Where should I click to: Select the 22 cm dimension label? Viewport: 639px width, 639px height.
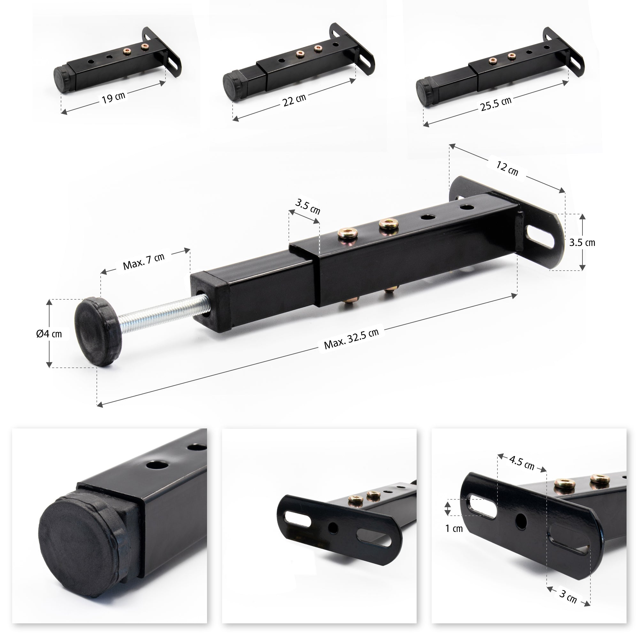point(294,100)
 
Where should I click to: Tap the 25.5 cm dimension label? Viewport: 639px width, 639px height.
point(496,104)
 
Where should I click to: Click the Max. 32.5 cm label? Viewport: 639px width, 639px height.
point(351,339)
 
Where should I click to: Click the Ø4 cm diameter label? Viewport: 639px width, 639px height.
point(49,333)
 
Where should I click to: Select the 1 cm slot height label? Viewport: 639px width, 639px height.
point(454,528)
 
